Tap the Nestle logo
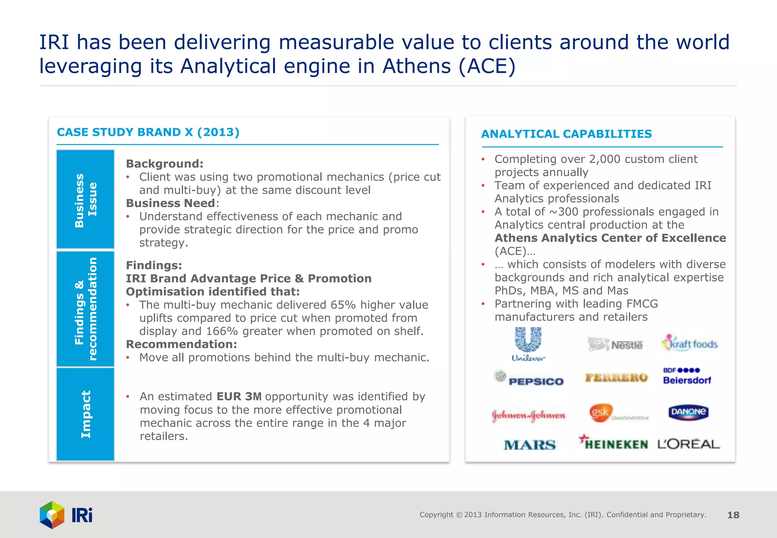615,345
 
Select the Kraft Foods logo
689,343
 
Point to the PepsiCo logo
529,379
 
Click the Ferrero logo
616,378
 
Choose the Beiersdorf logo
687,376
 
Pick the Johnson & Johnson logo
528,415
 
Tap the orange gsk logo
601,412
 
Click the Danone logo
688,412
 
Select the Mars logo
530,445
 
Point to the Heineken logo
613,443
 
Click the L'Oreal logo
689,444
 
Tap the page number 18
733,515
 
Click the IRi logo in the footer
66,515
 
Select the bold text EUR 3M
239,396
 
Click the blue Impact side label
86,414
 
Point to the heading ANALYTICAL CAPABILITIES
566,134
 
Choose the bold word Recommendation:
181,345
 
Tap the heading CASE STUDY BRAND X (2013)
148,132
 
